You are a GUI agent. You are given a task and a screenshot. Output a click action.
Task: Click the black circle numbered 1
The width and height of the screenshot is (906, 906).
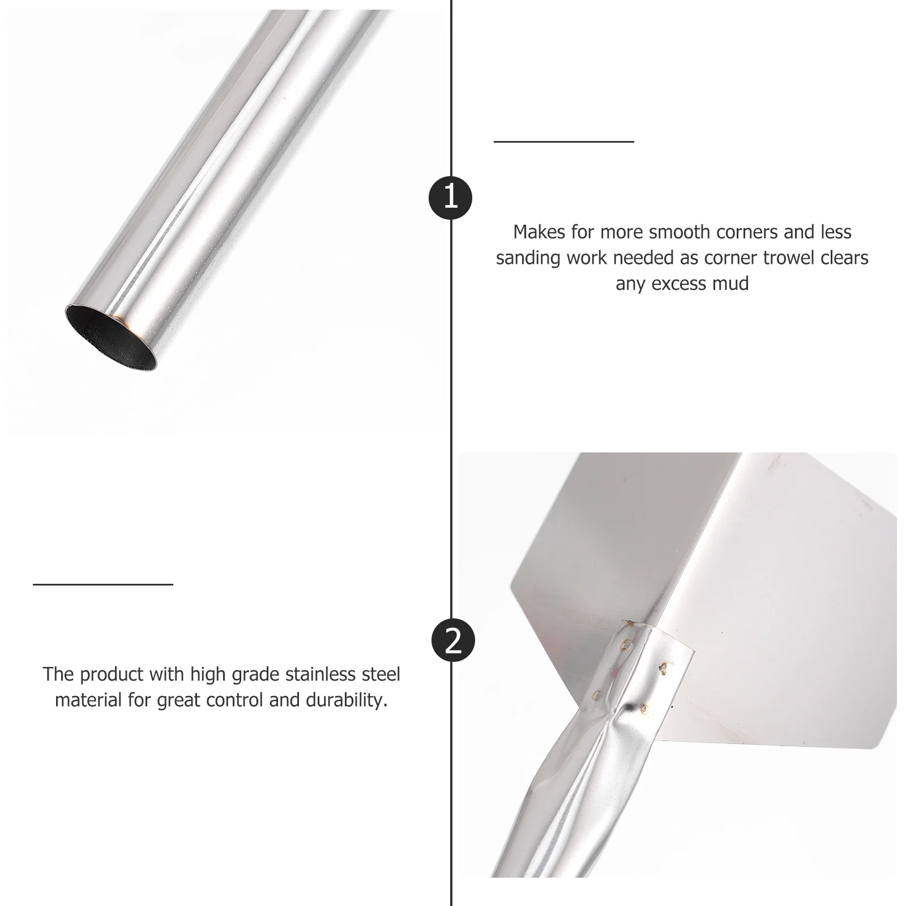tap(451, 198)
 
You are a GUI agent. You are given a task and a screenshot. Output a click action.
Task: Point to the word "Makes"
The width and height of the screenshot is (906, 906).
tap(539, 232)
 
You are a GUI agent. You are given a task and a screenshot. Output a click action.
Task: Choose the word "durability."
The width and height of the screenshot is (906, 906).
tap(347, 700)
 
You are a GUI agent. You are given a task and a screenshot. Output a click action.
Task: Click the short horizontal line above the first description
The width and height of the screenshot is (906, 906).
tap(563, 142)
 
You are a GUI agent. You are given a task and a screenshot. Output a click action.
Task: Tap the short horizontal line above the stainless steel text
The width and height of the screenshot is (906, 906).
tap(103, 584)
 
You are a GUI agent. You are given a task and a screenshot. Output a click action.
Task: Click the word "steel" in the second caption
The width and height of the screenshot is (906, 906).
tap(379, 674)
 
